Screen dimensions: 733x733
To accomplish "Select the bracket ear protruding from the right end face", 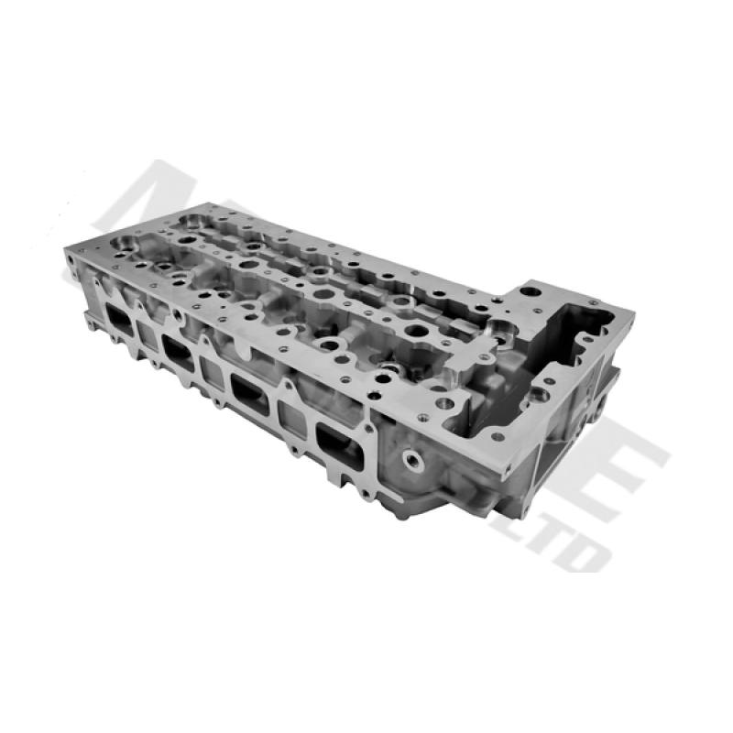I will pos(600,403).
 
